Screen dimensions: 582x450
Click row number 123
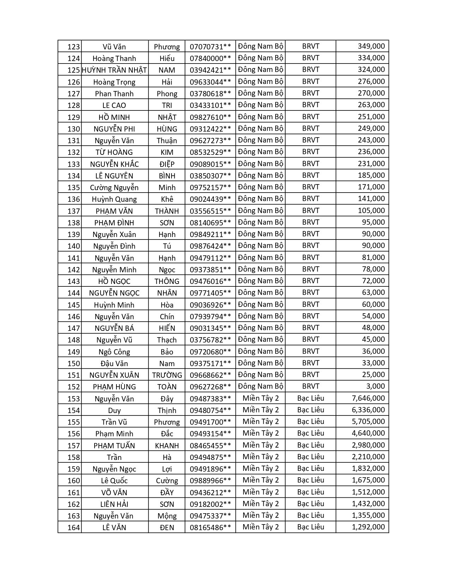click(x=73, y=47)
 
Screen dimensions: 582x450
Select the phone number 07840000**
click(x=210, y=59)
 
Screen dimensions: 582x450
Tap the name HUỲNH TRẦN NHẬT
click(x=114, y=70)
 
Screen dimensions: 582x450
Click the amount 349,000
click(x=371, y=46)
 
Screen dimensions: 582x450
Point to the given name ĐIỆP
click(x=167, y=164)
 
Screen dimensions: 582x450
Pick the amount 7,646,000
click(x=368, y=398)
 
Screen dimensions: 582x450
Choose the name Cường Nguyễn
click(x=114, y=187)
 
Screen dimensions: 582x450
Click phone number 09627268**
click(x=210, y=387)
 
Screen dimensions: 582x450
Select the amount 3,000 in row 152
click(x=376, y=386)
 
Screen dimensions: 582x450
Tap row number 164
click(x=73, y=528)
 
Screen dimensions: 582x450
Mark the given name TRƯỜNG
click(x=167, y=375)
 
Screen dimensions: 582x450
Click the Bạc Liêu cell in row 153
click(x=311, y=398)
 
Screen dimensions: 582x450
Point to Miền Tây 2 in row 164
click(x=260, y=527)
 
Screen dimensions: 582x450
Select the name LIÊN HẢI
click(x=114, y=504)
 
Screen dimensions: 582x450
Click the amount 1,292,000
click(x=368, y=527)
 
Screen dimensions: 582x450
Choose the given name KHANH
click(x=167, y=445)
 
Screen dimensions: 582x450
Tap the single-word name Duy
click(x=114, y=411)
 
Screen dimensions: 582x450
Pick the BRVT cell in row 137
click(x=311, y=211)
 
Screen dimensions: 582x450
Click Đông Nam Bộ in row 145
click(x=260, y=304)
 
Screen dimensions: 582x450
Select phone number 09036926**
click(x=210, y=305)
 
